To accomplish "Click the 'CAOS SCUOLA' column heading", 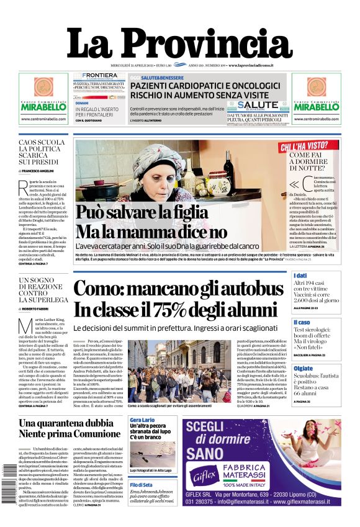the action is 42,143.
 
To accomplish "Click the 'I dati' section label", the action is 300,276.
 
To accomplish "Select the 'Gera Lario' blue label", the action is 141,420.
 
